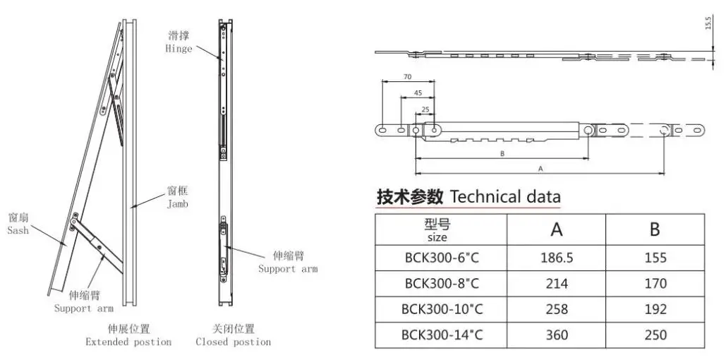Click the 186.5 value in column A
point(557,258)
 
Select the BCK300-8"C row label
point(442,284)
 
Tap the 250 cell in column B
point(655,335)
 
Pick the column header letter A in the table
point(556,229)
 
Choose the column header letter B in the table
point(655,229)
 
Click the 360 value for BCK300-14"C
point(557,335)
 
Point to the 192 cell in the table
point(655,309)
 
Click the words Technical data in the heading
point(505,196)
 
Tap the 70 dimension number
point(408,76)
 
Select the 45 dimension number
point(418,92)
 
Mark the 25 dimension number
point(425,109)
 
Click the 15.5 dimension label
point(708,24)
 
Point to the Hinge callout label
point(179,49)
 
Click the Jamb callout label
point(178,204)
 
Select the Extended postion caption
point(128,342)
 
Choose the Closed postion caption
point(233,342)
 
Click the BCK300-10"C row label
point(442,309)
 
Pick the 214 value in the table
point(557,284)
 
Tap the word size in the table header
point(437,238)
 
